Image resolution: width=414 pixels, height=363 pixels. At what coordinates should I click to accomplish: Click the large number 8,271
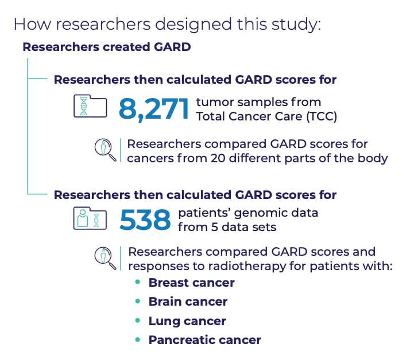pyautogui.click(x=153, y=109)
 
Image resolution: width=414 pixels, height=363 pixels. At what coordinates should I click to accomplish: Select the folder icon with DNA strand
pyautogui.click(x=90, y=107)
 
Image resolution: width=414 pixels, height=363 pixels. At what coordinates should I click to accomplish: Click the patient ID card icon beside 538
pyautogui.click(x=90, y=218)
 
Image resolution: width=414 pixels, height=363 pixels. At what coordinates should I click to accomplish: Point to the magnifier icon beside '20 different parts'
pyautogui.click(x=105, y=150)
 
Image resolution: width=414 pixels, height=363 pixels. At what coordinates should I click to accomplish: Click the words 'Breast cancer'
pyautogui.click(x=191, y=282)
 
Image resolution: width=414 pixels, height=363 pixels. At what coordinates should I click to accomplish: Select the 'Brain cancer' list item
pyautogui.click(x=188, y=302)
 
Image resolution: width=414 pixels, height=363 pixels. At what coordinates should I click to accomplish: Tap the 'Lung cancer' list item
pyautogui.click(x=187, y=321)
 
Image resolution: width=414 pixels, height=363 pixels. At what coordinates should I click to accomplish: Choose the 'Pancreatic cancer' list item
pyautogui.click(x=204, y=340)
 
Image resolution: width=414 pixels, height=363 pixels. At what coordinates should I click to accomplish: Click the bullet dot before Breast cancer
pyautogui.click(x=137, y=282)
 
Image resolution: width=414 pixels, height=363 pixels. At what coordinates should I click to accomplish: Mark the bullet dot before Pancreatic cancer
pyautogui.click(x=137, y=339)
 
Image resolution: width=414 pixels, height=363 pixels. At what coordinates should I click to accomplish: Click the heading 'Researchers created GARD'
pyautogui.click(x=106, y=47)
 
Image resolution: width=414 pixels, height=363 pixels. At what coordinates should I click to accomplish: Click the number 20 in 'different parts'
pyautogui.click(x=230, y=158)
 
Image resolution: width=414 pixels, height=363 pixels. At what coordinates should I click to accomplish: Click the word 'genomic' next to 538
pyautogui.click(x=262, y=213)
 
